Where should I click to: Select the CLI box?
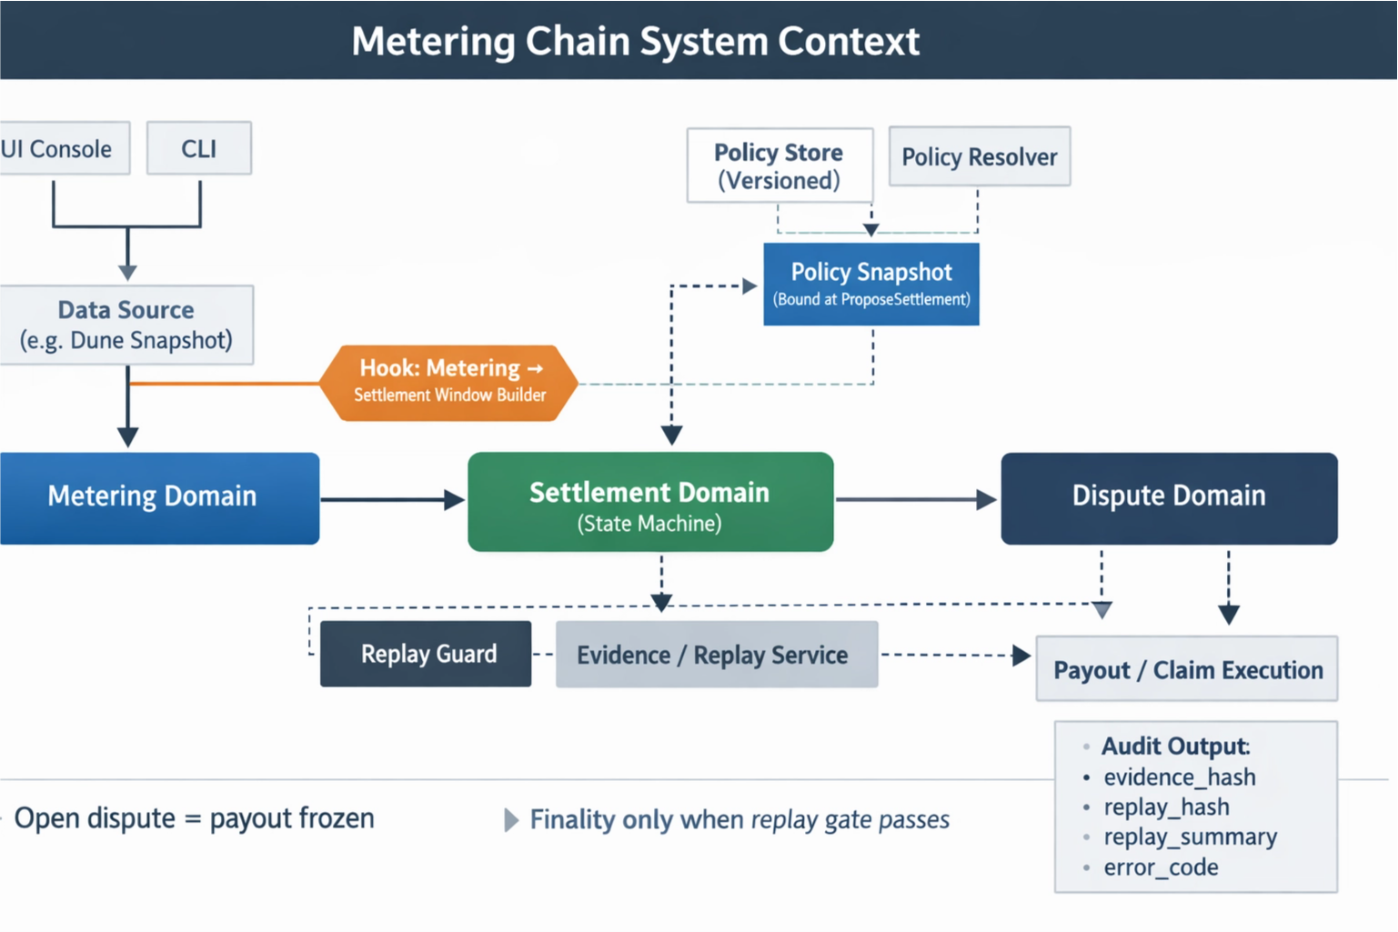(x=198, y=148)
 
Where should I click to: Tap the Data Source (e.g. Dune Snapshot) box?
(x=126, y=325)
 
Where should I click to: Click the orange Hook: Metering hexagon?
(x=449, y=382)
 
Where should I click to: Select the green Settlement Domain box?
(x=649, y=502)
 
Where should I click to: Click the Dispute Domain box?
(x=1169, y=497)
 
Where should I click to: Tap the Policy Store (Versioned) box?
(x=779, y=165)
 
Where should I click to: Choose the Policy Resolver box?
(x=979, y=156)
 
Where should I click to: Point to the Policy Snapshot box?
(x=871, y=284)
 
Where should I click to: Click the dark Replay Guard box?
(x=426, y=654)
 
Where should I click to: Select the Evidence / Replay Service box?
(x=716, y=655)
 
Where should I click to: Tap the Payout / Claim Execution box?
(x=1187, y=670)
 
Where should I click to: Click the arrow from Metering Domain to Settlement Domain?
(x=391, y=499)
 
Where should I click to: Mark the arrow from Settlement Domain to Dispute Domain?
(x=914, y=499)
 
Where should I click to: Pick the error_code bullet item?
(x=1161, y=867)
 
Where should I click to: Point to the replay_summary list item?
(x=1190, y=837)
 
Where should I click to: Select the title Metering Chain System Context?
(x=635, y=41)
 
